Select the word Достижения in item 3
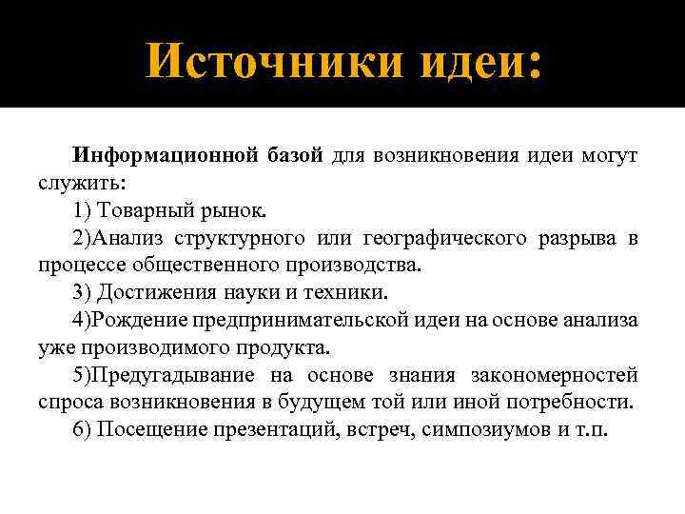click(154, 291)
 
